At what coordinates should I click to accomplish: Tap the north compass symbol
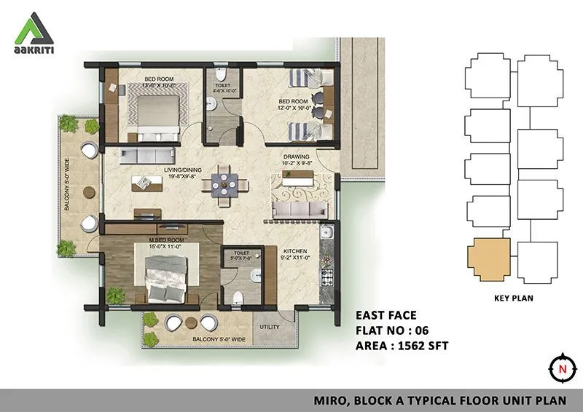(562, 369)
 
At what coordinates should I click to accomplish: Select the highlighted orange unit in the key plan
(487, 260)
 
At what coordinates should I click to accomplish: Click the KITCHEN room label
(296, 252)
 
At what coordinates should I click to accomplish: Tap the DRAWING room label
(297, 157)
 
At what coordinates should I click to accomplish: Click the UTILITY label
(270, 327)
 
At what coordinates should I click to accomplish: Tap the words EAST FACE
(386, 315)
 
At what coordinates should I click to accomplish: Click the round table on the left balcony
(88, 191)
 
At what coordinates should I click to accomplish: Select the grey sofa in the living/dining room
(147, 154)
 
